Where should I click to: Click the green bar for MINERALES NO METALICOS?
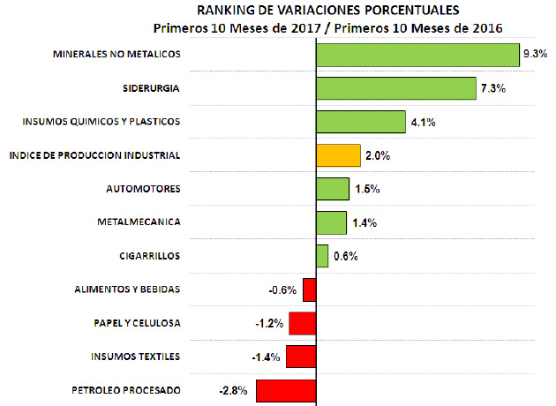[417, 55]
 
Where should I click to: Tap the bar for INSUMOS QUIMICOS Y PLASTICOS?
[360, 122]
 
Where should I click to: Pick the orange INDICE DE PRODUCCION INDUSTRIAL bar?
[338, 155]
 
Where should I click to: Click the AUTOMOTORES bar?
[332, 189]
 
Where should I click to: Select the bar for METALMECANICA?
[331, 222]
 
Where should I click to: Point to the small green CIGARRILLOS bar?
[322, 256]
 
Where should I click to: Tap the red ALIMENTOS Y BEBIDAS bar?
[309, 289]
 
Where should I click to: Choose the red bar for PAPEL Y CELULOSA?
[302, 323]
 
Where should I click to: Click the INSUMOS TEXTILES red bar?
[301, 357]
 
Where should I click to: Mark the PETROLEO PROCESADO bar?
[286, 390]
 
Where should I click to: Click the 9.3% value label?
[535, 55]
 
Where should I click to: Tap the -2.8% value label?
[233, 390]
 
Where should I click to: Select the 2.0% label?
[377, 156]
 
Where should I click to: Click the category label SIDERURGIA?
[152, 88]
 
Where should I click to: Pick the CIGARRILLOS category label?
[149, 256]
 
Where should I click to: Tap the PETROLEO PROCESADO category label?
[125, 390]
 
